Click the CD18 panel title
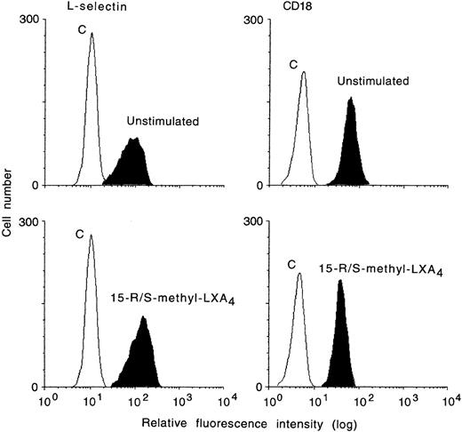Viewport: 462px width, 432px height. (x=276, y=7)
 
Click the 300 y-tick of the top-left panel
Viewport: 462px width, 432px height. (x=32, y=20)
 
